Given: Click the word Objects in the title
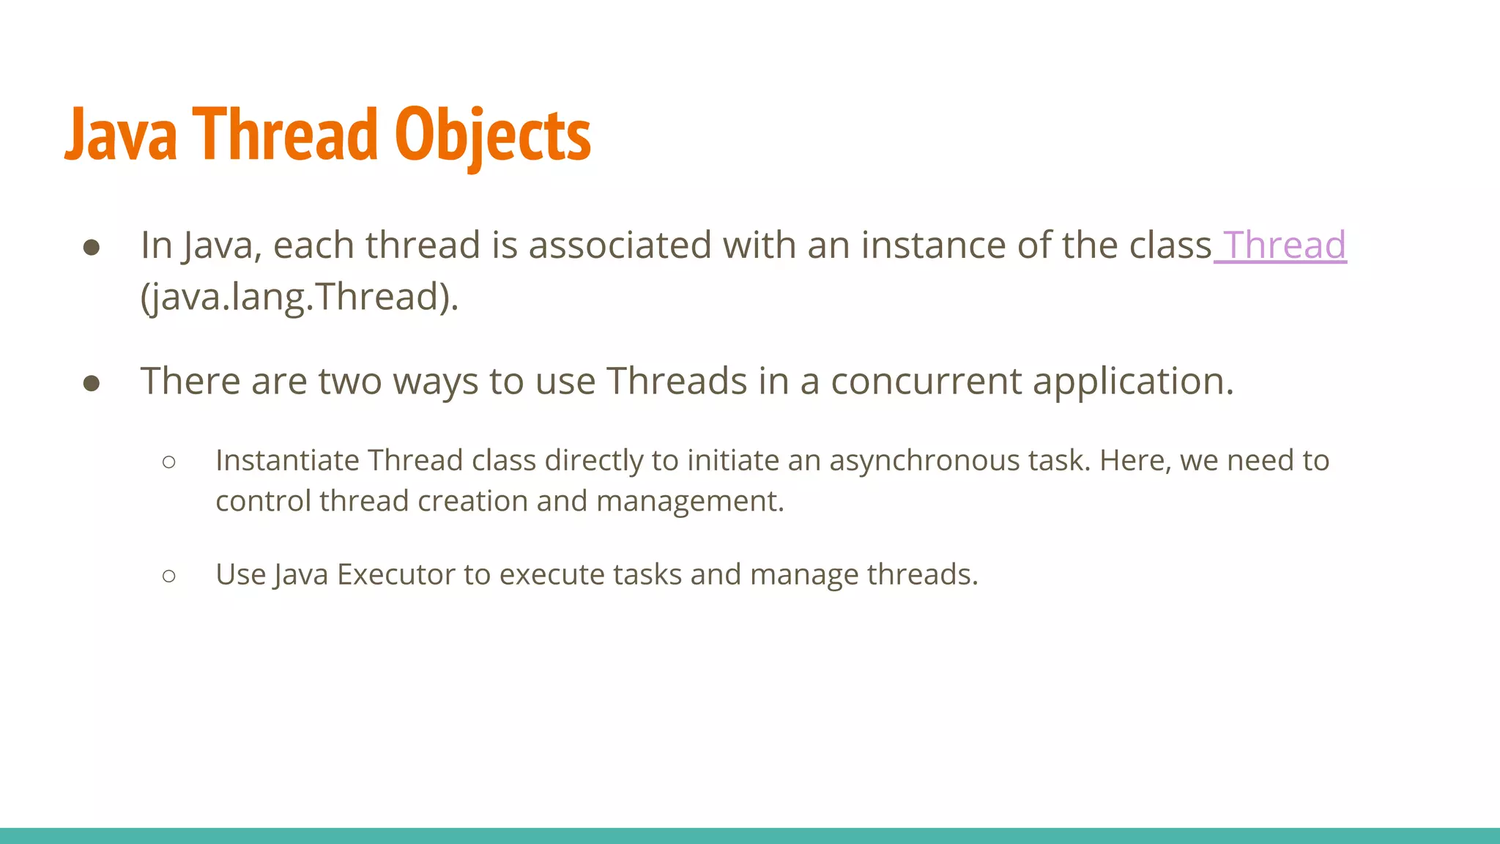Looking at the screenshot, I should (492, 136).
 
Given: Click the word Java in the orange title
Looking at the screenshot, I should (122, 136).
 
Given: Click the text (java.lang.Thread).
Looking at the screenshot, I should (299, 297).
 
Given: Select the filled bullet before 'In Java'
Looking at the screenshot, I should (92, 247).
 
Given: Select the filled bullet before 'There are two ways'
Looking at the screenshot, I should (92, 383).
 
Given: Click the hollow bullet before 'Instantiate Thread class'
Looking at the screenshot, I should (169, 462).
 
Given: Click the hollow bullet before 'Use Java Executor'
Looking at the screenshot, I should (169, 576).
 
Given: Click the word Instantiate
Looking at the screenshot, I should (287, 460).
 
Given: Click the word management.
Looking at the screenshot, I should (689, 502).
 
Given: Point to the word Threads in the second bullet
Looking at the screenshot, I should (676, 381).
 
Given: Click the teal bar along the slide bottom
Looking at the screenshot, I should (750, 835).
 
